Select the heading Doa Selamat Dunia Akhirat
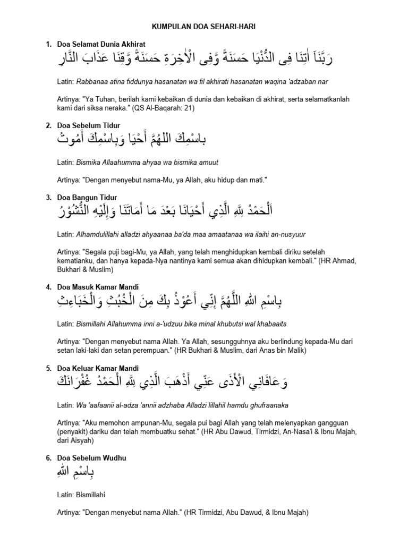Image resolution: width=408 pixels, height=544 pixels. [x=101, y=44]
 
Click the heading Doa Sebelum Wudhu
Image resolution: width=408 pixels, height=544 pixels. [x=90, y=457]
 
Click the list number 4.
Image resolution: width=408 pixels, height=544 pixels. [x=48, y=287]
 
